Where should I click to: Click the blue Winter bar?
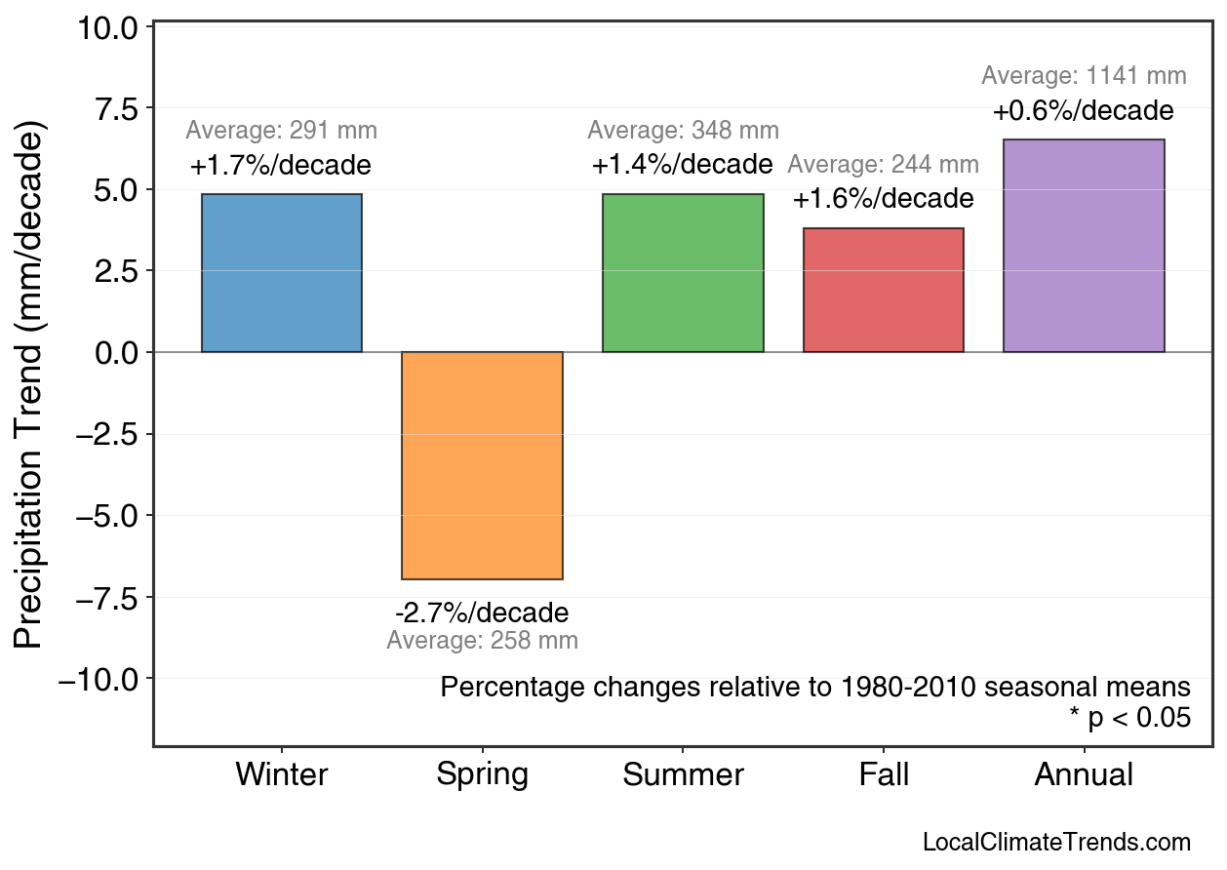click(281, 273)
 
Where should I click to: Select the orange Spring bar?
click(482, 465)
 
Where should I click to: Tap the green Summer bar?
click(683, 273)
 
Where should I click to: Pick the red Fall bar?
click(883, 290)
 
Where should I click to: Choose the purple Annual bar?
click(1084, 246)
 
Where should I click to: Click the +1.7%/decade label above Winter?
click(281, 165)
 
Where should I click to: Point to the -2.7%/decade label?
click(482, 613)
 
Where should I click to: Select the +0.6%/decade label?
click(1084, 111)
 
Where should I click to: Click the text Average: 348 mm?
click(683, 131)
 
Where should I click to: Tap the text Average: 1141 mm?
click(1084, 76)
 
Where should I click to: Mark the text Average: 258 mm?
click(482, 641)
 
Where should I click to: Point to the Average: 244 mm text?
click(883, 165)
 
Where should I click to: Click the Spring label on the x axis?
click(482, 775)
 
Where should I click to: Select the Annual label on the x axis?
click(1084, 775)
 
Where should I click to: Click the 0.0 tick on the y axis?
click(116, 352)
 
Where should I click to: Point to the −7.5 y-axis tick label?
click(99, 597)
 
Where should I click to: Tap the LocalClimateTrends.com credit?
click(1056, 842)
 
